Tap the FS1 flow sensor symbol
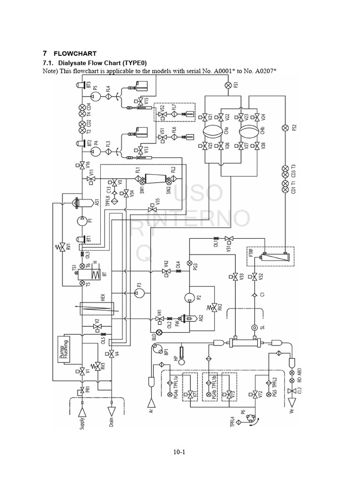[x=228, y=85]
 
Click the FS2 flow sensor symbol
[x=285, y=128]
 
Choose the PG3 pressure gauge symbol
[x=189, y=263]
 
